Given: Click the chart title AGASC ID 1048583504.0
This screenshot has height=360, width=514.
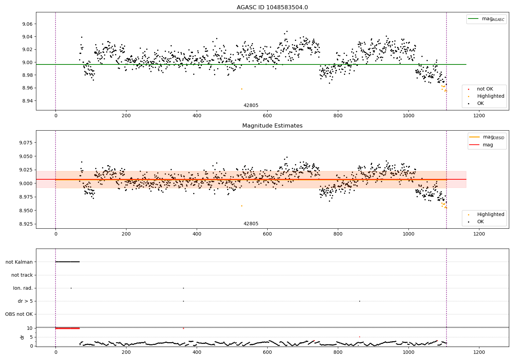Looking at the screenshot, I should point(272,8).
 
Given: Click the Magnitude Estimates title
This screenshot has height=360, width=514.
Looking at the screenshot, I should point(272,126).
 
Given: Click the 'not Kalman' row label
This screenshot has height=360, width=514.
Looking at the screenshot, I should point(19,262).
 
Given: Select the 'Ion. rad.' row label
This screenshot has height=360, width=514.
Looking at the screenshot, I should point(23,288).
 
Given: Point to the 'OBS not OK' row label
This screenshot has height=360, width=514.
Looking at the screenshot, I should point(19,314).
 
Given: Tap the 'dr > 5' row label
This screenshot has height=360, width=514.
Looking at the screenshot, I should point(25,301).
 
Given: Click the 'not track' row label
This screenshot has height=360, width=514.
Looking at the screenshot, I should point(22,275).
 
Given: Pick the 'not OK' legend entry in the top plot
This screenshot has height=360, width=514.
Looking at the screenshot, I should point(485,89).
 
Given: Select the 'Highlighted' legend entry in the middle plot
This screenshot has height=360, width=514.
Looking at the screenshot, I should point(490,214).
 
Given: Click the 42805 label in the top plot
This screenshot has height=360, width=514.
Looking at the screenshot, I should point(251,106).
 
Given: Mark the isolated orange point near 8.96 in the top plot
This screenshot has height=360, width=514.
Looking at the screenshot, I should point(242,89).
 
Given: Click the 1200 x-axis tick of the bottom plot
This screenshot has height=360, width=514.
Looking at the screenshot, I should point(479,352).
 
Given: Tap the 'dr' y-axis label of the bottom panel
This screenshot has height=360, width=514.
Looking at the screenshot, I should point(22,337).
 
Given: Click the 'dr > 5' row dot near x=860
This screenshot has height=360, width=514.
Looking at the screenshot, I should point(359,301).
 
